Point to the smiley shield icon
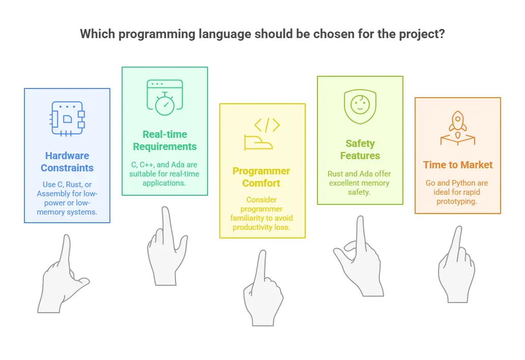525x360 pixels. point(360,106)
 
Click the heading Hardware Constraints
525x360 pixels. point(67,162)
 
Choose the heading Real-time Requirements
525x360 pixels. point(165,140)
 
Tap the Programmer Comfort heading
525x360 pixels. point(261,177)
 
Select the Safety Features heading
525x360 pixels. point(360,149)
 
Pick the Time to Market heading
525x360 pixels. point(458,165)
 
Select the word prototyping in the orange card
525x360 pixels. point(456,202)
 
